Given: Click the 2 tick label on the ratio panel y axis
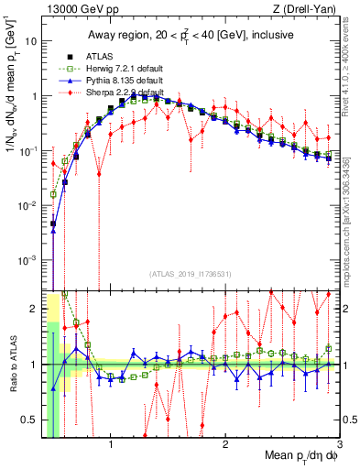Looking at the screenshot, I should [31, 308].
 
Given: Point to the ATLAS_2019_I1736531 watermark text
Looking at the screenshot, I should [191, 273].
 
